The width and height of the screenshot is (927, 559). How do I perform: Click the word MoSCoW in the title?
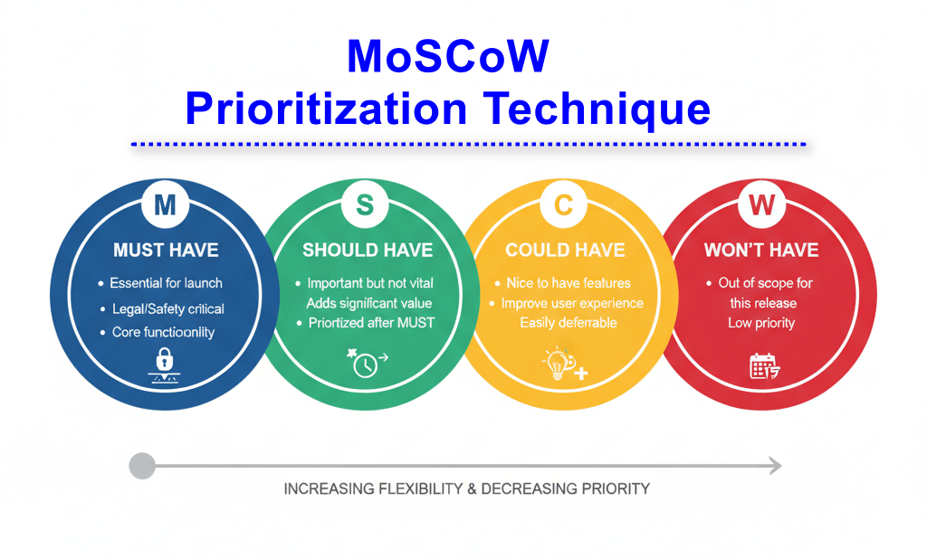coord(448,56)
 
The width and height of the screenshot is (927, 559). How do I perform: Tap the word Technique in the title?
coord(597,109)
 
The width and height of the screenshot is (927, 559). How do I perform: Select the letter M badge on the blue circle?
coord(165,205)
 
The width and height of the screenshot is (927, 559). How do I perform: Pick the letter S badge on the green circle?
coord(365,205)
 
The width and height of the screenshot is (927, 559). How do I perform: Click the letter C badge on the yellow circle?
coord(563,205)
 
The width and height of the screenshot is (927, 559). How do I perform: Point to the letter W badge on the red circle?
coord(761,205)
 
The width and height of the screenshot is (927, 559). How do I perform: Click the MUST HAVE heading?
coord(167,250)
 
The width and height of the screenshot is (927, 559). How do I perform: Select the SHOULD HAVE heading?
coord(368,250)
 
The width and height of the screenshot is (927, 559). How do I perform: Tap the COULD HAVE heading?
coord(565,250)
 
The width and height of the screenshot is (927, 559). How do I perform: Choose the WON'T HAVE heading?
coord(761,250)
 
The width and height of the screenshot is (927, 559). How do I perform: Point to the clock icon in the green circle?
coord(367,363)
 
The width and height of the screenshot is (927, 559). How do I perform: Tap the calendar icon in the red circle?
coord(764,366)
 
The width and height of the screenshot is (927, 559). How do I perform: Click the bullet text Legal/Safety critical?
coord(167,309)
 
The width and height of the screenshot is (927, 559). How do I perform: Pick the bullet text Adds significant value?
coord(369,303)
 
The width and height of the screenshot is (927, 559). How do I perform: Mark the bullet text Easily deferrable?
coord(569,323)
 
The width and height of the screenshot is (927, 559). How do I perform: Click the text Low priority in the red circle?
coord(761,323)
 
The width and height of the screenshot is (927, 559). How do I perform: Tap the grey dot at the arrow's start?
coord(142,466)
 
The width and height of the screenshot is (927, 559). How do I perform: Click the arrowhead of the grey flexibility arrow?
coord(775,466)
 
